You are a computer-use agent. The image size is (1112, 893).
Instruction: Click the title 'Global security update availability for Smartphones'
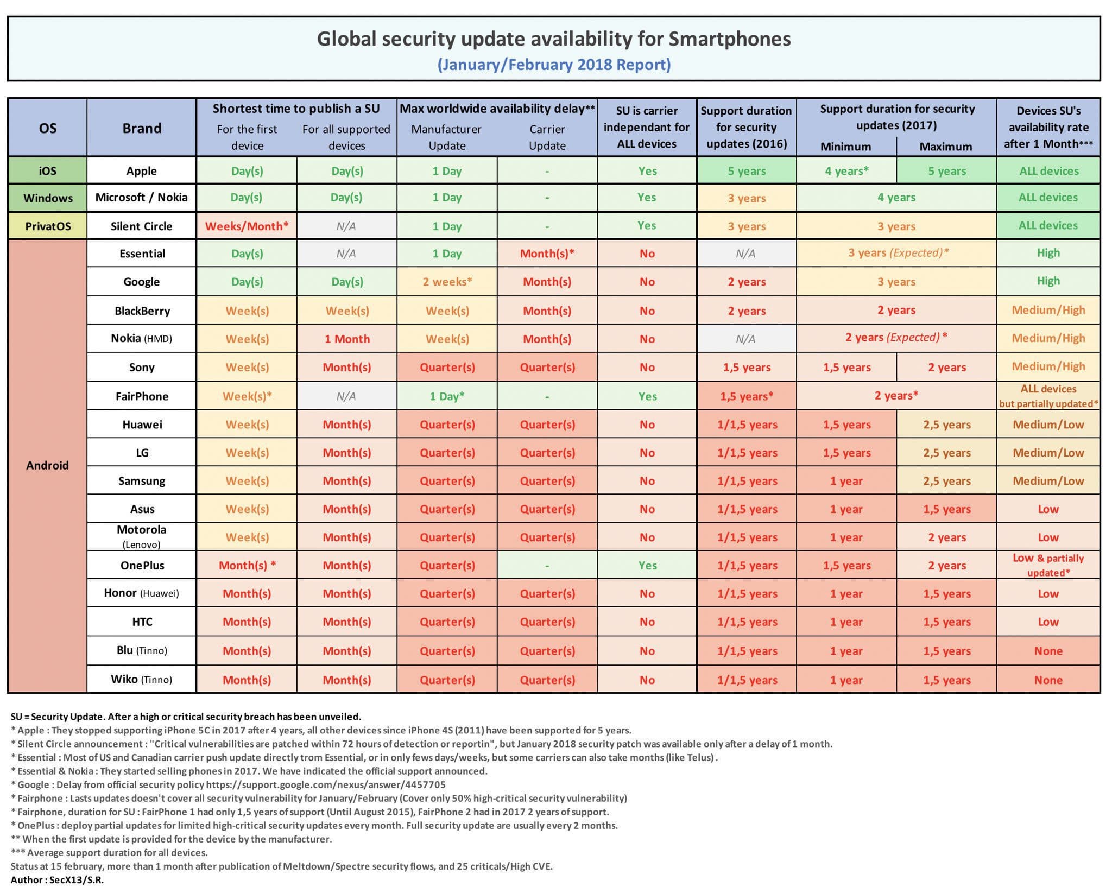pos(553,39)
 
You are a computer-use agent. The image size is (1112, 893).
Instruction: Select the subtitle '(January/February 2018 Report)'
pos(554,65)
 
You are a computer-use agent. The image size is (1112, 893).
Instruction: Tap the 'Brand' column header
pos(142,128)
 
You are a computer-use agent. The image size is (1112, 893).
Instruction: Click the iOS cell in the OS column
pos(47,170)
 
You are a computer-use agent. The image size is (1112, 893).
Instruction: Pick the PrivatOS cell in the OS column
pos(48,226)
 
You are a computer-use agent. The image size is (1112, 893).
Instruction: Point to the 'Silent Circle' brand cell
pos(141,226)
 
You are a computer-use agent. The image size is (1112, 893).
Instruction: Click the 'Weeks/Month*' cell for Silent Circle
pos(247,226)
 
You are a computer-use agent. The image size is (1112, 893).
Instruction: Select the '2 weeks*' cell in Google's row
pos(447,281)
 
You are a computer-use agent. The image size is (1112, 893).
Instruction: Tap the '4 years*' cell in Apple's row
pos(846,170)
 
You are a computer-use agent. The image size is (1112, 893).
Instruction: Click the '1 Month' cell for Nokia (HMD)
pos(347,339)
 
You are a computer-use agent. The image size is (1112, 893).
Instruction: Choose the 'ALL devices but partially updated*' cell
pos(1048,396)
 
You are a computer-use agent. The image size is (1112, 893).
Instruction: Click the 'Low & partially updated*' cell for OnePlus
pos(1048,565)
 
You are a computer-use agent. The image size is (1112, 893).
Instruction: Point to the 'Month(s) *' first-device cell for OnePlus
pos(247,565)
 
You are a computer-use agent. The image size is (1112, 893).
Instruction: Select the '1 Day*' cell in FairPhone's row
pos(447,396)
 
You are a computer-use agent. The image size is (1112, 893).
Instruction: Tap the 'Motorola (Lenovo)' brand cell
pos(142,536)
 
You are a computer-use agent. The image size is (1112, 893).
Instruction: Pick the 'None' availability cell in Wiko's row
pos(1048,680)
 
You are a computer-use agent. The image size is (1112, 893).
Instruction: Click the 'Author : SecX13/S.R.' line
pos(57,879)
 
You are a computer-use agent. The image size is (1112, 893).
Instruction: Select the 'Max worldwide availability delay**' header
pos(497,109)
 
